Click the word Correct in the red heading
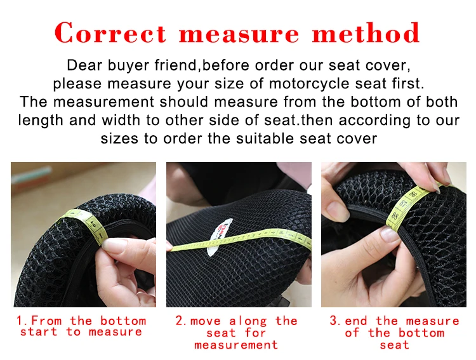click(111, 33)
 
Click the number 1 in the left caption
click(20, 321)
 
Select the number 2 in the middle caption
click(180, 321)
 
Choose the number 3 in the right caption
click(333, 321)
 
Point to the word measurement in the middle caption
click(236, 345)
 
